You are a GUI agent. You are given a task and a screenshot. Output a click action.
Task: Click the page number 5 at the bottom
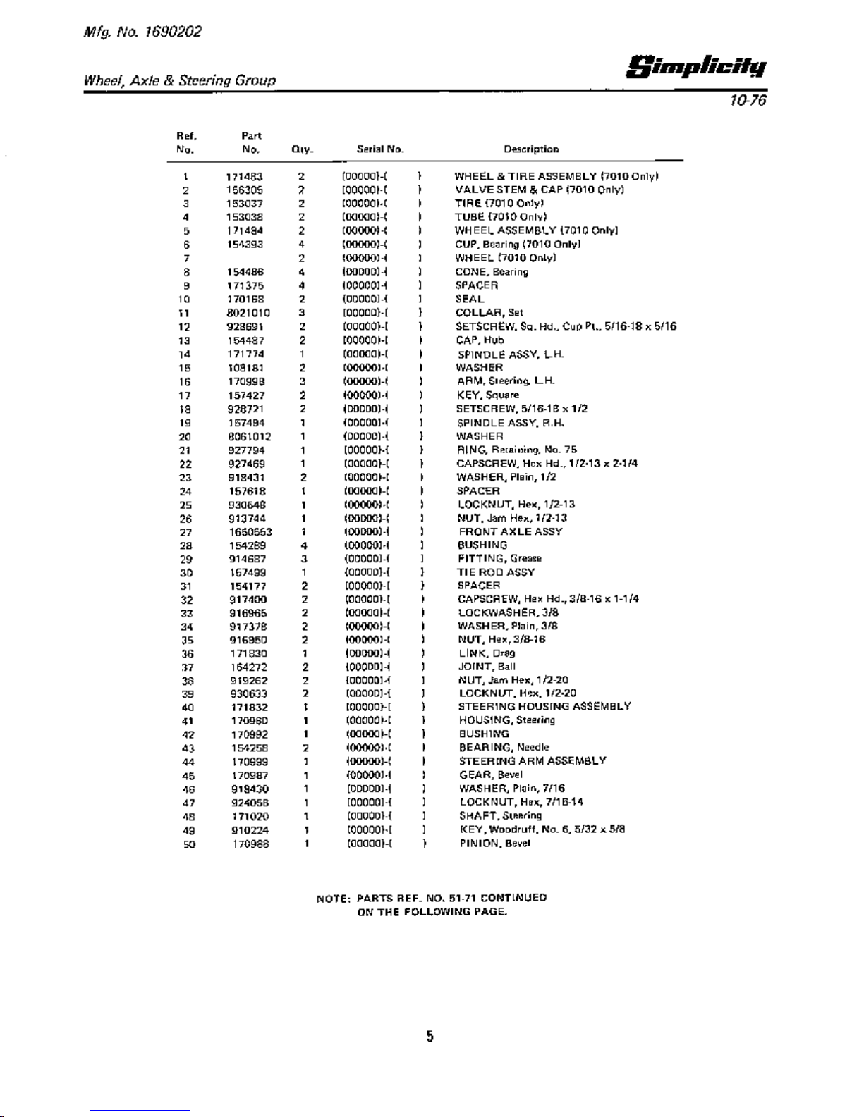point(430,1037)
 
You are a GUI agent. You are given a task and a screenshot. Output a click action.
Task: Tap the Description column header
point(531,149)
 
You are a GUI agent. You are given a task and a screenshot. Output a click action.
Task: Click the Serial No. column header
point(380,149)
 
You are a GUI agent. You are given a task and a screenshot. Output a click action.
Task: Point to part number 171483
point(244,177)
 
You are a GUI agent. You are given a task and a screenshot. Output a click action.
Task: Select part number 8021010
point(248,313)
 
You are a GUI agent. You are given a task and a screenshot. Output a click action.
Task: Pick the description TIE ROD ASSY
point(497,572)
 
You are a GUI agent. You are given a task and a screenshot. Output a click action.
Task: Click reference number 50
point(189,844)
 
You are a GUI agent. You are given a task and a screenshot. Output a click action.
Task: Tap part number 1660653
point(250,532)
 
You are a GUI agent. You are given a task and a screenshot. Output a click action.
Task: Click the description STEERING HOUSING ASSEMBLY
point(544,707)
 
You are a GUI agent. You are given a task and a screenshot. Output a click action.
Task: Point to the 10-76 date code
point(748,101)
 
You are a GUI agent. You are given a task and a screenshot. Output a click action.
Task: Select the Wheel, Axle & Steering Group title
point(180,81)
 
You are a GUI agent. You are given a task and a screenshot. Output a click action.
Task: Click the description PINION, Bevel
point(494,844)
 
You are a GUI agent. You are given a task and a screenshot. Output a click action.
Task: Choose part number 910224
point(250,830)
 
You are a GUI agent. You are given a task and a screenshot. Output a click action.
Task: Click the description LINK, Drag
point(487,654)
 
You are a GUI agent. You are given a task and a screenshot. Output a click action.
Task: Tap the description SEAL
point(470,300)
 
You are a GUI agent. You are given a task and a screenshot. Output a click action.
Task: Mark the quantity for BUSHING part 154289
point(303,545)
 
